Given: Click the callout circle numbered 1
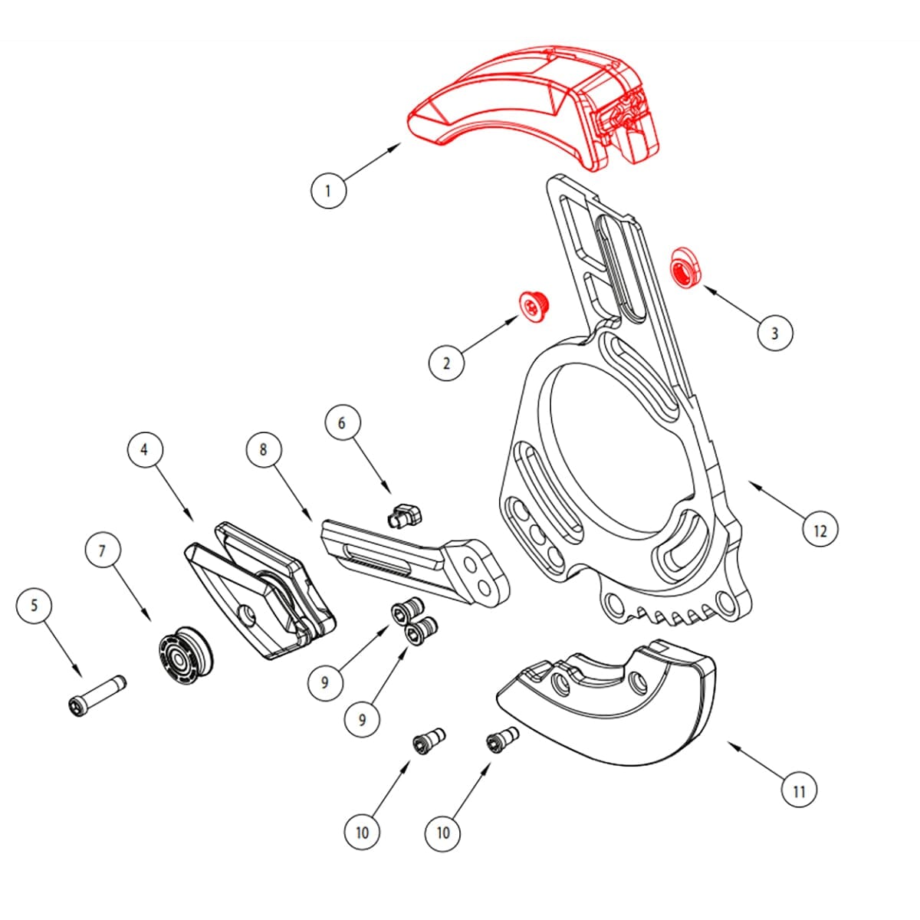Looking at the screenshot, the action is click(328, 190).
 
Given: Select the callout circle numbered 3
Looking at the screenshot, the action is click(774, 333).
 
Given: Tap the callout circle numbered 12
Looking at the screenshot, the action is click(820, 530).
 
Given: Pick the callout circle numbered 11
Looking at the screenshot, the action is click(799, 790).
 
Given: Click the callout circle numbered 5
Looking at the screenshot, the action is click(34, 605).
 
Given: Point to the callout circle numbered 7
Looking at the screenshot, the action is click(102, 551).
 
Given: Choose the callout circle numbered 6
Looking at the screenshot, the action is click(342, 422).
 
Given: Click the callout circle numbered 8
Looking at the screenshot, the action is click(264, 449).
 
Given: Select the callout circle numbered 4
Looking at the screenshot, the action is click(145, 449).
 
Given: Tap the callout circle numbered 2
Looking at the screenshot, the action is click(446, 363).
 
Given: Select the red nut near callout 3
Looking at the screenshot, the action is click(685, 268).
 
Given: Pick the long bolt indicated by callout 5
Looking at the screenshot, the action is click(97, 695).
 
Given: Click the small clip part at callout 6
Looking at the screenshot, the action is click(404, 514).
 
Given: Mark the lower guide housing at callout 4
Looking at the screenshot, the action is click(260, 590).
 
